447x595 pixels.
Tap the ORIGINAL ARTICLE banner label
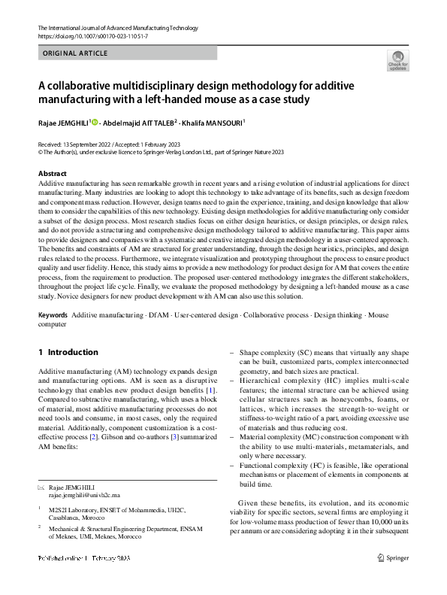[76, 53]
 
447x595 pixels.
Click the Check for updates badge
[398, 61]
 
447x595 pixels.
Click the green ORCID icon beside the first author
[95, 122]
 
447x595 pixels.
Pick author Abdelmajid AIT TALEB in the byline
[140, 122]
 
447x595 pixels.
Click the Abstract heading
[52, 173]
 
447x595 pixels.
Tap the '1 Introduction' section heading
[68, 352]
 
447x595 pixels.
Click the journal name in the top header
[117, 28]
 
